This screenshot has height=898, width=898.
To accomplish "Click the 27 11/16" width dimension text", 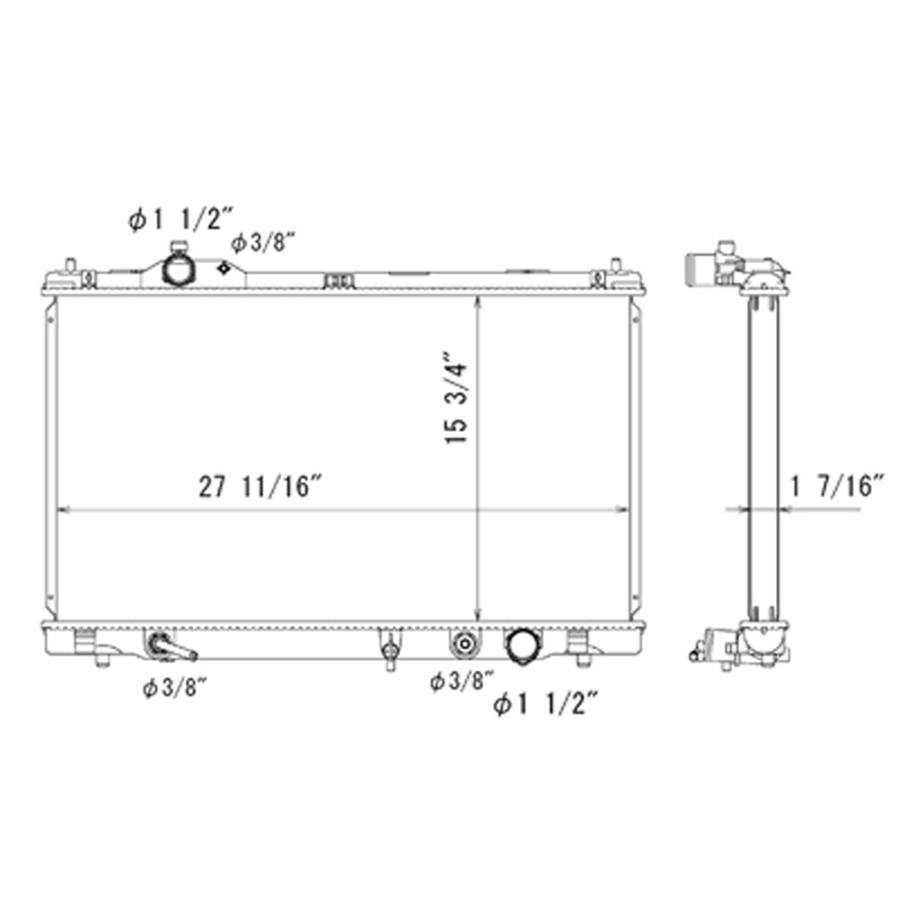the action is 261,487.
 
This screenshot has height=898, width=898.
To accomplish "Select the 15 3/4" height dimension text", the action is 456,403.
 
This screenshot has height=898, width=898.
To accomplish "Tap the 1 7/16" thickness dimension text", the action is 838,487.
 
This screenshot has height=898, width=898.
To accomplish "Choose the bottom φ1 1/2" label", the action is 546,704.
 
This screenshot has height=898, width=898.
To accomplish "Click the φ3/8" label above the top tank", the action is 263,242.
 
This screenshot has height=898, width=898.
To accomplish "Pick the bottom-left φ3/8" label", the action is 174,688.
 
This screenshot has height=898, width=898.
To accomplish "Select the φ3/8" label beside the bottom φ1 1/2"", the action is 462,681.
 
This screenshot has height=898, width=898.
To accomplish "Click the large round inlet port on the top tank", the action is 178,268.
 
